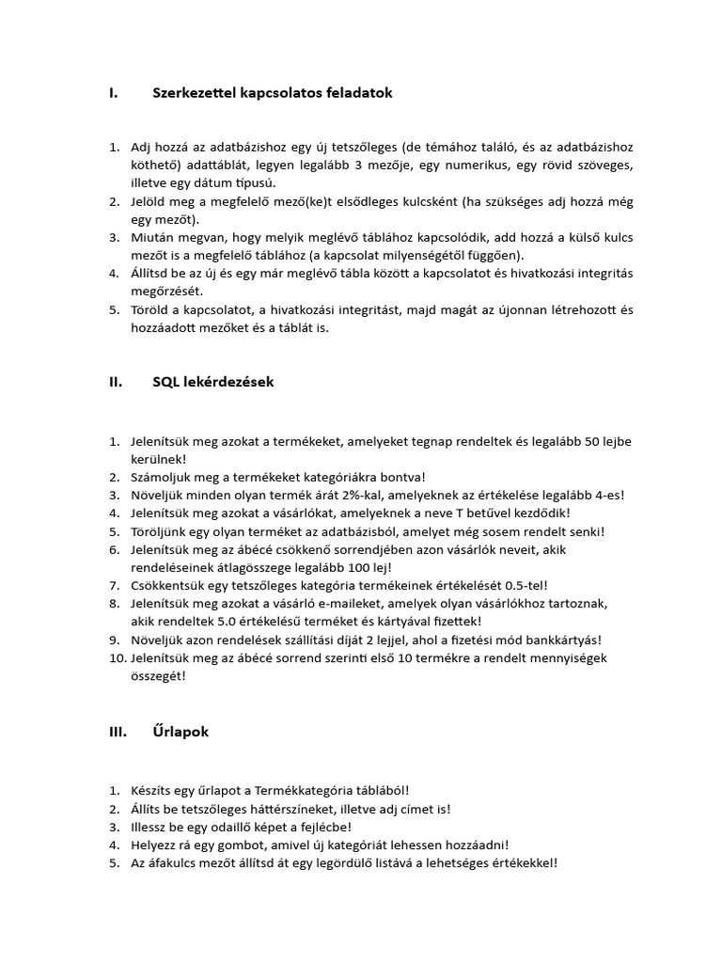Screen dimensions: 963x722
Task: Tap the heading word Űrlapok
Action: pos(180,732)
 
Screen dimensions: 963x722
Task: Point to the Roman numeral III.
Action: pos(118,732)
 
